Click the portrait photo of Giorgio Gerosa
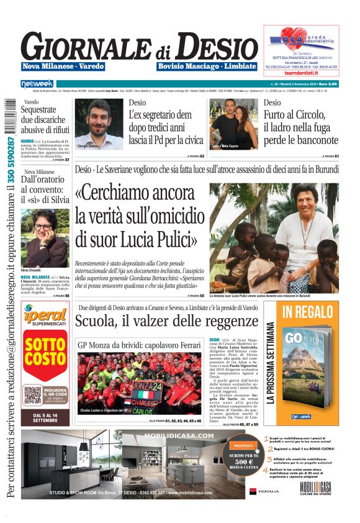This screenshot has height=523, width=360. [99, 124]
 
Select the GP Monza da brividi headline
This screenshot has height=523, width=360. [139, 345]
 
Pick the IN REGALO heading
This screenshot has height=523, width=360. [308, 313]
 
